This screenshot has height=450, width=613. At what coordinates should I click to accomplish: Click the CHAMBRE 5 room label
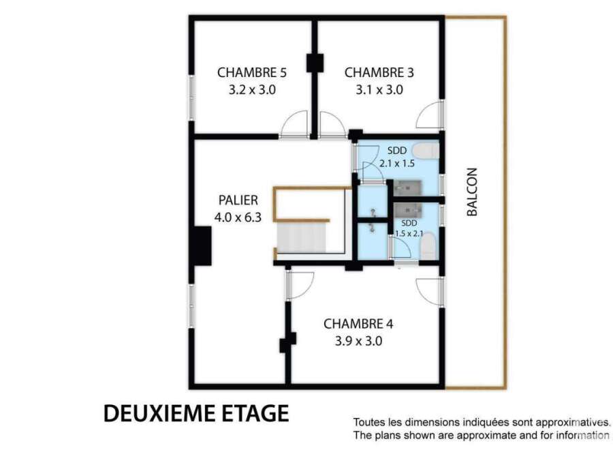click(x=252, y=73)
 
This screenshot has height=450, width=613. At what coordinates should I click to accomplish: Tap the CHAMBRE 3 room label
click(x=379, y=73)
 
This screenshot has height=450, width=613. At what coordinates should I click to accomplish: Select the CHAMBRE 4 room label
click(x=358, y=324)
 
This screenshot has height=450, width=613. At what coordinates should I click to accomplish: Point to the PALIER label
click(x=238, y=200)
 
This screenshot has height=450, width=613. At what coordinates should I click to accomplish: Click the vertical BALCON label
click(x=472, y=192)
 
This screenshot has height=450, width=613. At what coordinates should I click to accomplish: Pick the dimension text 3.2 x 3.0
click(x=252, y=90)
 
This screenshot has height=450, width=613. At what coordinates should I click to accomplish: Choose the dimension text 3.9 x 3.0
click(x=358, y=341)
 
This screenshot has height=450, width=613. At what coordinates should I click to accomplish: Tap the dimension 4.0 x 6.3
click(x=238, y=217)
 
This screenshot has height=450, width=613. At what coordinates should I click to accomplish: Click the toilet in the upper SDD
click(x=426, y=151)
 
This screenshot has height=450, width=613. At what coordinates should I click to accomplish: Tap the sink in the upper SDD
click(x=407, y=188)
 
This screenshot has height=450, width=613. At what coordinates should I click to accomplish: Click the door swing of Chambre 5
click(x=295, y=125)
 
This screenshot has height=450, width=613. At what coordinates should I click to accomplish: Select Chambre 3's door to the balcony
click(x=430, y=115)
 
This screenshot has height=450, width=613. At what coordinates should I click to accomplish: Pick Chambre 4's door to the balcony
click(x=430, y=292)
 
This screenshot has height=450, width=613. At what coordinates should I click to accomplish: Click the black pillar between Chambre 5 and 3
click(x=315, y=63)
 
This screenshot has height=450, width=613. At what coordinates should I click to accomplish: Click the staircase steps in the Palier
click(x=301, y=237)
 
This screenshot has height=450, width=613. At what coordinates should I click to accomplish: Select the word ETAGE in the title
click(x=255, y=413)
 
